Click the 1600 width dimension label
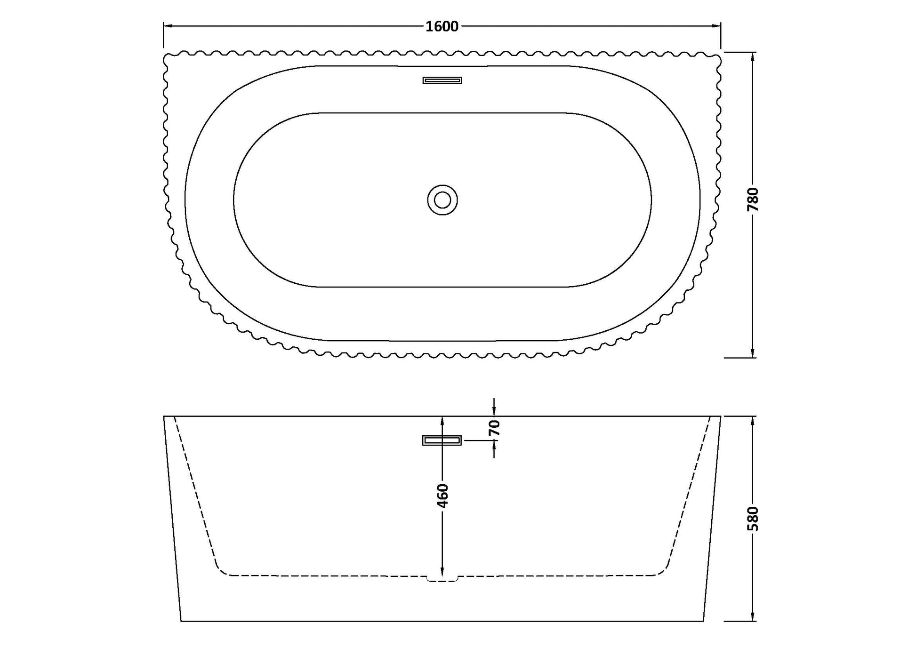tap(442, 26)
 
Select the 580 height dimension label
tap(753, 519)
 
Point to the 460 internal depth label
tap(442, 496)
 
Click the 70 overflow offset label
tap(494, 427)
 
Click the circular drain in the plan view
tap(442, 200)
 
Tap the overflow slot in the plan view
tap(442, 80)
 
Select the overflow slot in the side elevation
tap(442, 440)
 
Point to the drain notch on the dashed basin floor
tap(442, 579)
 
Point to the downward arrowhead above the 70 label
tap(494, 412)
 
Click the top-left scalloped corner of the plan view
tap(167, 57)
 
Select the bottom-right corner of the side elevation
tap(704, 621)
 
